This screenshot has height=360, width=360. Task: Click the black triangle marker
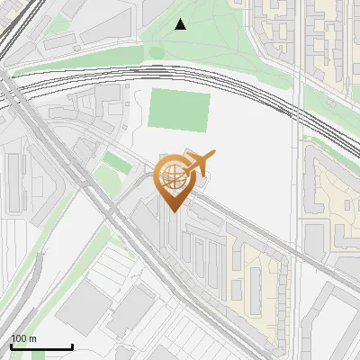coord(180,24)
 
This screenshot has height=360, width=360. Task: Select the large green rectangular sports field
coord(178,111)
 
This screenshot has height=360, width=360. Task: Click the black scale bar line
coord(40,346)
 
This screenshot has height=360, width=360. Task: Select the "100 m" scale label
coord(23,338)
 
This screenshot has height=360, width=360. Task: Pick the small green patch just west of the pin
coord(114,163)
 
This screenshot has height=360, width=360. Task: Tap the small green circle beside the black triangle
coord(157,52)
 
